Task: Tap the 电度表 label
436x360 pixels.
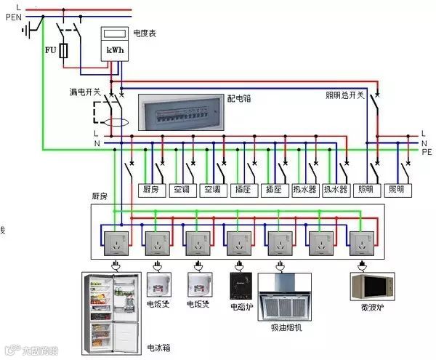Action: (x=145, y=33)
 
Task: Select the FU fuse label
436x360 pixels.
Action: (x=50, y=50)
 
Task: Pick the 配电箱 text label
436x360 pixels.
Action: (x=240, y=97)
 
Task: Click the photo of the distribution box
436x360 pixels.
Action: (x=180, y=113)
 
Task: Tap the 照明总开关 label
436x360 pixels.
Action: (x=344, y=95)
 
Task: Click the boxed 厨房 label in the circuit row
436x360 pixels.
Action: (x=150, y=190)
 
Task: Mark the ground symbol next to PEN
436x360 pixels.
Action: (x=29, y=30)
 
